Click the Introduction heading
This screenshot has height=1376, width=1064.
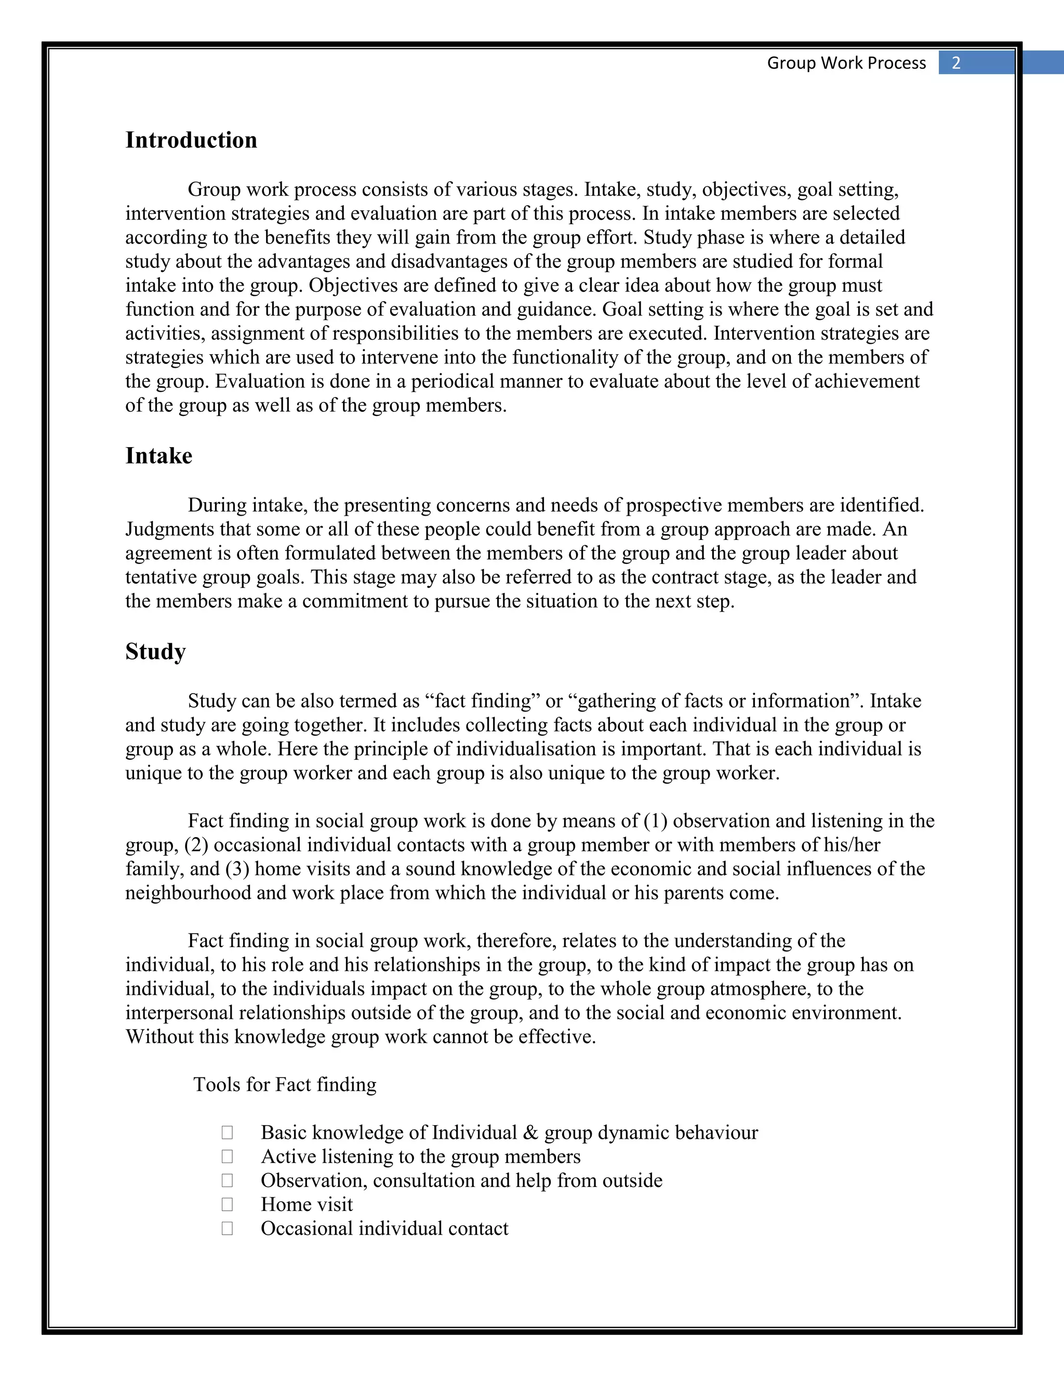[191, 140]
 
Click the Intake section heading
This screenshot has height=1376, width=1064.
[158, 455]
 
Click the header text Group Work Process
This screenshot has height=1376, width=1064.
[846, 63]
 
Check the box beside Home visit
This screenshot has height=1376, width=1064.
[228, 1205]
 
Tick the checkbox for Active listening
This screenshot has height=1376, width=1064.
[228, 1157]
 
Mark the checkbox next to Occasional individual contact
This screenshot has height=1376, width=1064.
[228, 1229]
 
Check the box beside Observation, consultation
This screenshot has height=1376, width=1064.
[228, 1181]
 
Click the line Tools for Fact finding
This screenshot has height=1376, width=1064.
[284, 1084]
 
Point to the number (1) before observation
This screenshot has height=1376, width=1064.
[656, 821]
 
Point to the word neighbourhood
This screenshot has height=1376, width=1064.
[188, 893]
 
